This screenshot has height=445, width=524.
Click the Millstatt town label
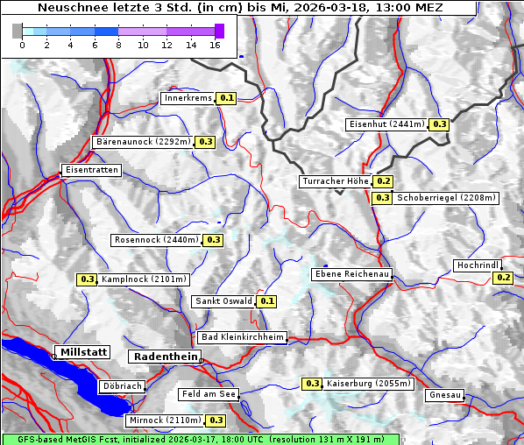tap(82, 352)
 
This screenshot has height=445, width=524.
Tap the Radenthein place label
tap(164, 357)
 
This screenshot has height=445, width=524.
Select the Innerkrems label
tap(188, 98)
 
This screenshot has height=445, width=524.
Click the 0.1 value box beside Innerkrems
tap(227, 98)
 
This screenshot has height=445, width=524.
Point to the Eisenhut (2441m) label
tap(386, 124)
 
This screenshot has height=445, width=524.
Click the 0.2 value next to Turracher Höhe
tap(383, 181)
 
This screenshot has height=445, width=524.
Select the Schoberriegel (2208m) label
tap(447, 198)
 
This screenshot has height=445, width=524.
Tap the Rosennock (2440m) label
tap(157, 240)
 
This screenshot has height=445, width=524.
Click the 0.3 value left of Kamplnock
tap(87, 279)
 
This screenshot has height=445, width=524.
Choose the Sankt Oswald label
tap(223, 301)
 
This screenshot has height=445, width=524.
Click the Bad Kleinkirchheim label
tap(243, 337)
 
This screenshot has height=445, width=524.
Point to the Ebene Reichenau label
tap(352, 274)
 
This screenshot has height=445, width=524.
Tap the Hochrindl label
tap(478, 265)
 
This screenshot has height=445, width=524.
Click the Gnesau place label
tap(445, 395)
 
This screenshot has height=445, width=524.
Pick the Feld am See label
tap(209, 395)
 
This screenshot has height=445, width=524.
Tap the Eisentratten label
tap(90, 170)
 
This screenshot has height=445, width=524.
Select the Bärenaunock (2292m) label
tap(141, 141)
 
